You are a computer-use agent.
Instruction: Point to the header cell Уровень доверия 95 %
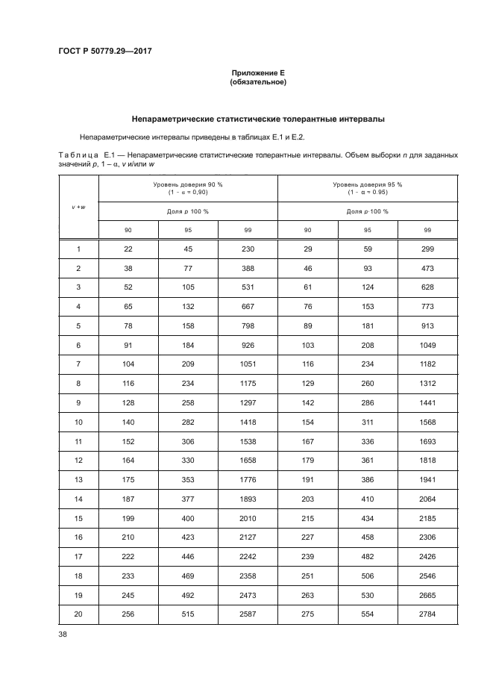click(368, 184)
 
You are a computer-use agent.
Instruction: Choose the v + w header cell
click(78, 207)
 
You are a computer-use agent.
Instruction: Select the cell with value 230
click(248, 249)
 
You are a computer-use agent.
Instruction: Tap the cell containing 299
click(427, 249)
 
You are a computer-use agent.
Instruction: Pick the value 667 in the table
click(248, 306)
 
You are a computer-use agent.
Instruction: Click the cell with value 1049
click(427, 344)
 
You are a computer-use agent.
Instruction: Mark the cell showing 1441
click(427, 402)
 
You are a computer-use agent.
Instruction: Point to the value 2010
click(248, 517)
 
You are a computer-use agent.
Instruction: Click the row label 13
click(78, 479)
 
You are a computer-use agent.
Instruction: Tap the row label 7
click(78, 364)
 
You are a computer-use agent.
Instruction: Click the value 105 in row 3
click(188, 287)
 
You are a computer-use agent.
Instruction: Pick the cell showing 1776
click(248, 479)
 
